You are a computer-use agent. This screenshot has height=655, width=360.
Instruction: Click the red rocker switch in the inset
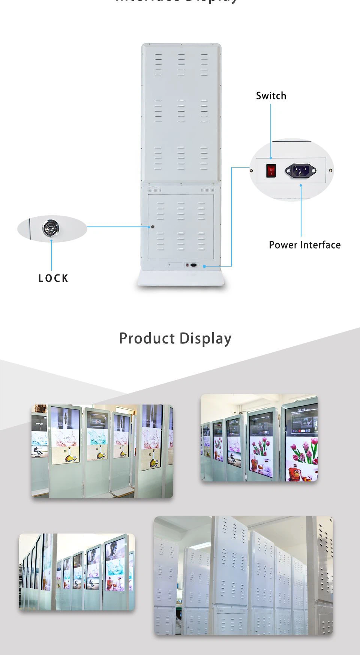pos(270,171)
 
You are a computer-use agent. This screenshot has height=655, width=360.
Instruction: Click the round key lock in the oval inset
pos(50,228)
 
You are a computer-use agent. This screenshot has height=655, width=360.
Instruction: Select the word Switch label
pos(271,96)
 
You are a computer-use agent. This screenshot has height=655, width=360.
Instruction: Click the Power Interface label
pos(304,245)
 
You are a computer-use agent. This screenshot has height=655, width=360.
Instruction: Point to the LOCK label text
pos(53,278)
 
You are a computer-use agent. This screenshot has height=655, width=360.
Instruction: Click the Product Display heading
pos(175,338)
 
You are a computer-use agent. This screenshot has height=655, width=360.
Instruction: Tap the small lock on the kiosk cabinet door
pos(152,227)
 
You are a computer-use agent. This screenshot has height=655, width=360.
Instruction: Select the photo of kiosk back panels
pos(243,576)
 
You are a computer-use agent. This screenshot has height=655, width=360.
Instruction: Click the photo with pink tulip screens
pos(259,438)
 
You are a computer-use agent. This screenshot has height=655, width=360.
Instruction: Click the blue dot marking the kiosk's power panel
pos(204,266)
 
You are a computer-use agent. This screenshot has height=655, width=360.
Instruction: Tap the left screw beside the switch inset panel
pos(251,170)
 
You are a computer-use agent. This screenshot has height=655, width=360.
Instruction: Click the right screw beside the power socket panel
pos(330,171)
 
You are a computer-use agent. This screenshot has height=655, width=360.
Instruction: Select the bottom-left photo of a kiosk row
pos(76,572)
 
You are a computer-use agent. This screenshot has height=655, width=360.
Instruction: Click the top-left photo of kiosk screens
pos(102,451)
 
